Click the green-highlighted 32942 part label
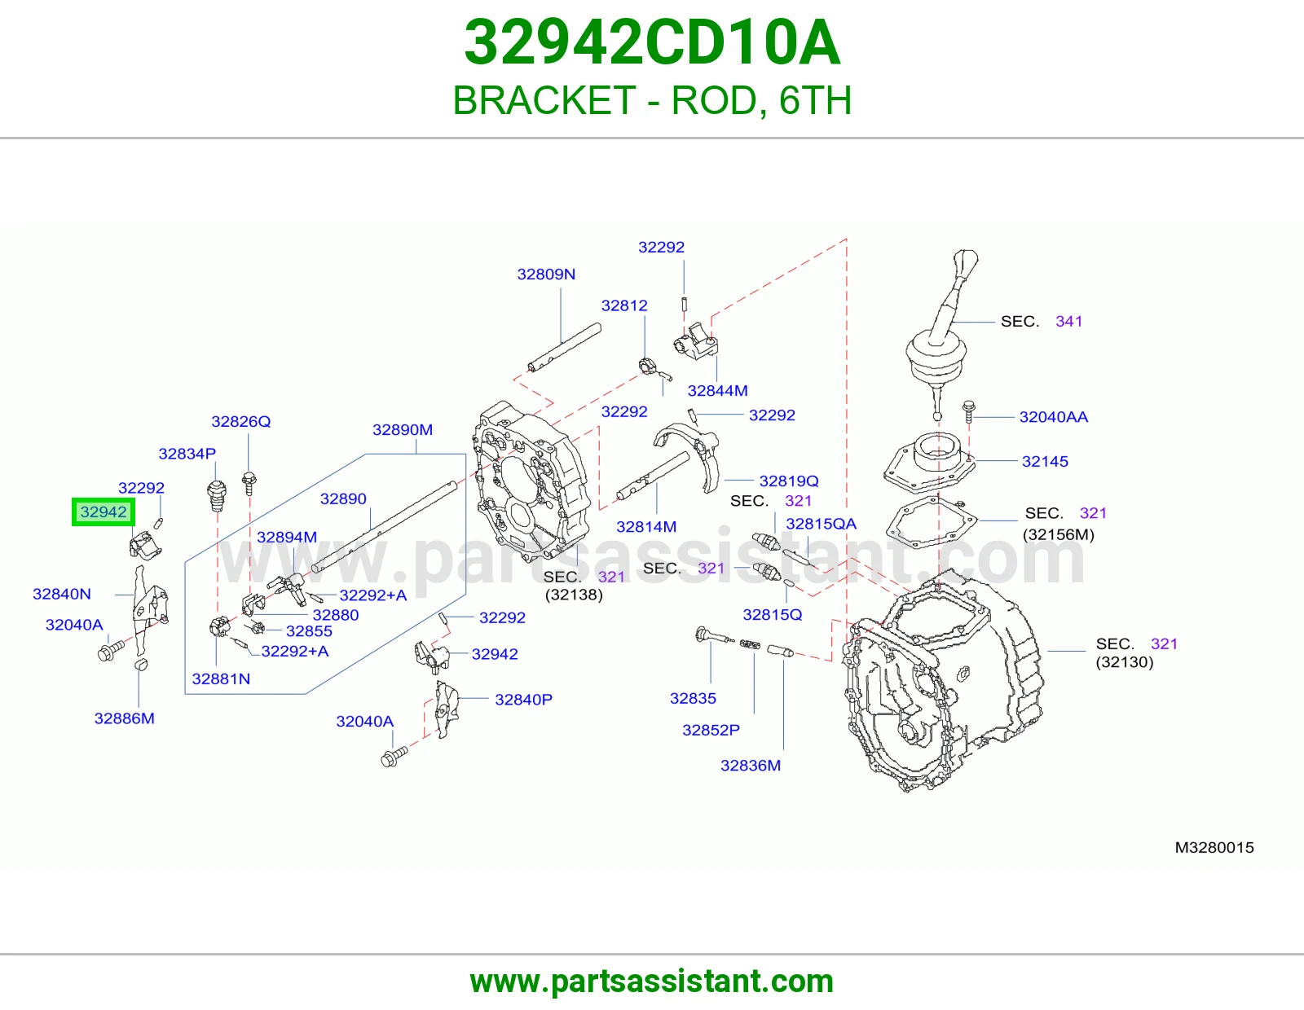click(104, 512)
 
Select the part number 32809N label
click(546, 274)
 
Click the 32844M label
click(718, 390)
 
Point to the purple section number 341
click(1068, 322)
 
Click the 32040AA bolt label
click(1054, 417)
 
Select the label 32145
click(1046, 461)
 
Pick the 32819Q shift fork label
click(789, 481)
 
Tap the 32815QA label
click(821, 524)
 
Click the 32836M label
click(751, 766)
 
